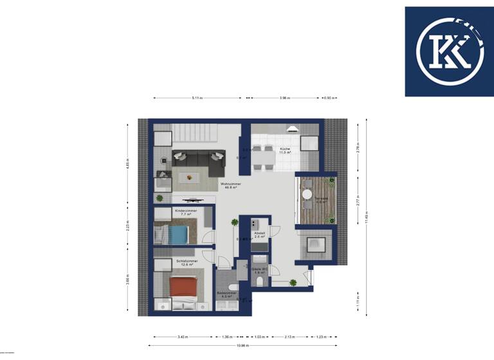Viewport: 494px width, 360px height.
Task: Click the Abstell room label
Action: (260, 235)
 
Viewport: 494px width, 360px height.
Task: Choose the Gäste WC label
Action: (260, 270)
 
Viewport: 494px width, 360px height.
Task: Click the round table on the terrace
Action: (307, 194)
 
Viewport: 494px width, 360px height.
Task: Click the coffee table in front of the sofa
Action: (190, 177)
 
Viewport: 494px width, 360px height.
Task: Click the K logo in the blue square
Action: (448, 51)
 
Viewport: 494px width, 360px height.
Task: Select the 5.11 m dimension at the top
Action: (197, 98)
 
